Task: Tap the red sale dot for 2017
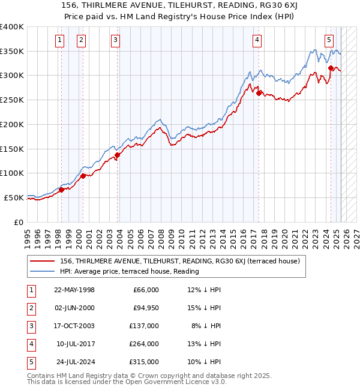[x=259, y=93]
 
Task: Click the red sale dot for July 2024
[x=331, y=68]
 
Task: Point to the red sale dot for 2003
[x=117, y=155]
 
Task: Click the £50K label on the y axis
[x=14, y=197]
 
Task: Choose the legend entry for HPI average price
[x=129, y=271]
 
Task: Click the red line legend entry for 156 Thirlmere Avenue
[x=175, y=260]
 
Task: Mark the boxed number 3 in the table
[x=31, y=326]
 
